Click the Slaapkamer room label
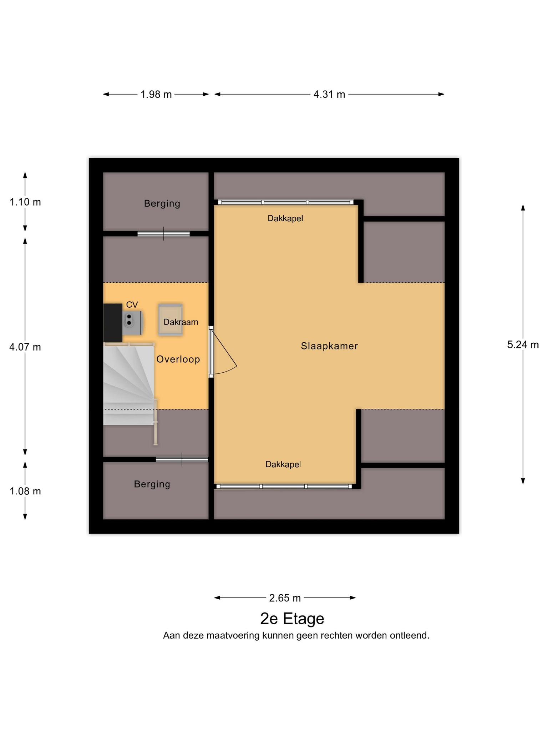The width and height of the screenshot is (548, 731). point(329,346)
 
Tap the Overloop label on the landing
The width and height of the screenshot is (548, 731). point(178,359)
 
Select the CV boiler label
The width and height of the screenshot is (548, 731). point(132,304)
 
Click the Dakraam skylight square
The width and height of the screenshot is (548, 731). point(171,320)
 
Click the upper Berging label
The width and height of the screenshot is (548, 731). point(162,203)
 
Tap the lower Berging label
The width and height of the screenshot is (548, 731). point(152,484)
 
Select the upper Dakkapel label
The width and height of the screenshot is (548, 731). point(285,218)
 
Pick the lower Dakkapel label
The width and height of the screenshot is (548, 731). point(283,464)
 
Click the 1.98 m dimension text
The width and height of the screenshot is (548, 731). point(156,95)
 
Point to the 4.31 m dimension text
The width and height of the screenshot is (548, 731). point(329,95)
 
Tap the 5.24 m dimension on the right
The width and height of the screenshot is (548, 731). point(523,344)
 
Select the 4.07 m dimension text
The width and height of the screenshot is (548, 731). point(25,347)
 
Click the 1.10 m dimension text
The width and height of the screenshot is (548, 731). point(25,202)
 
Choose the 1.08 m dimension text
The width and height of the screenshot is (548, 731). point(25,491)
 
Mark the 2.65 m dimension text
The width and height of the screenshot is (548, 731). point(285,598)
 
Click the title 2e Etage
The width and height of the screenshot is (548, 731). point(292,619)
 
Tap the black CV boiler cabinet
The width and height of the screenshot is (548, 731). point(113,323)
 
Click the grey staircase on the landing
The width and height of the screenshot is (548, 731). point(129,384)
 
